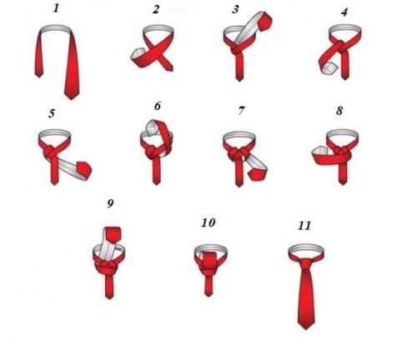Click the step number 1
56,8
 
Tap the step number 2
156,9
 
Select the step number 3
235,9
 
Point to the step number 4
344,12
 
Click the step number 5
52,113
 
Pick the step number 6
158,106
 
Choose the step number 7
241,111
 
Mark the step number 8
339,111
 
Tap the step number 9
110,203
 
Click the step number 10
208,222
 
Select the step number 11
304,226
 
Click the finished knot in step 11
305,263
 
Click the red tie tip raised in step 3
265,20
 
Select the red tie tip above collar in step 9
113,234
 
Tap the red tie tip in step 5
84,169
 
